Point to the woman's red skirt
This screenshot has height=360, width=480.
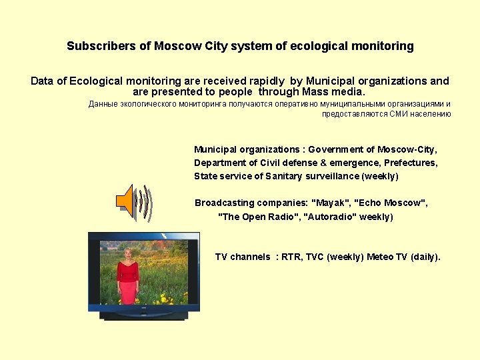click(x=127, y=291)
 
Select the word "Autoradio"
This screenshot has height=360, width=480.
click(x=329, y=217)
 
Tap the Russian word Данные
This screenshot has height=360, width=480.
click(x=103, y=104)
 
